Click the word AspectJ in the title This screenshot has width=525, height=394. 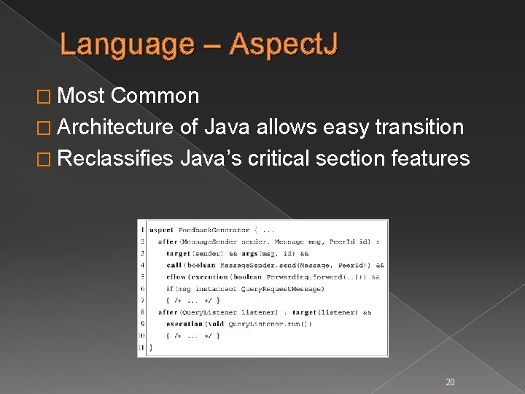click(284, 45)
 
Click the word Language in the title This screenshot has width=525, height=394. click(128, 45)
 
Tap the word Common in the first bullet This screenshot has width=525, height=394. click(155, 96)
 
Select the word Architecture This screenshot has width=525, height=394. click(115, 127)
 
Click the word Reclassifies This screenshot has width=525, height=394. click(115, 158)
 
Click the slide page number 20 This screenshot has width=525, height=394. click(450, 382)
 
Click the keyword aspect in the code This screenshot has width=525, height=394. click(160, 230)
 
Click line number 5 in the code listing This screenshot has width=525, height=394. click(142, 277)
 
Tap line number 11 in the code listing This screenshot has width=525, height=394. click(141, 347)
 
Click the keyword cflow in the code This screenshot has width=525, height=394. click(176, 277)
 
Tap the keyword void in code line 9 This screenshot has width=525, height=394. click(215, 323)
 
